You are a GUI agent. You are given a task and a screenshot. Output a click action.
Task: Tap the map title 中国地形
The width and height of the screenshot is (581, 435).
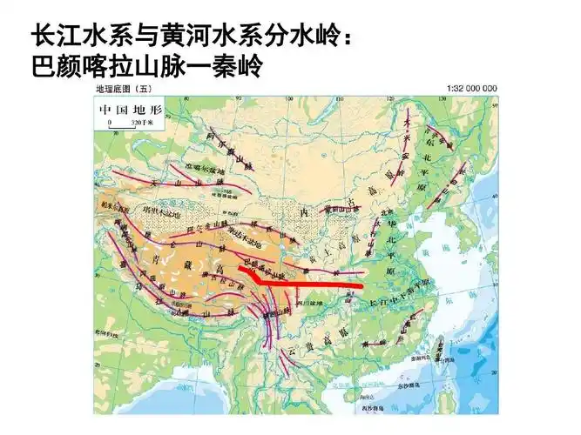pos(131,110)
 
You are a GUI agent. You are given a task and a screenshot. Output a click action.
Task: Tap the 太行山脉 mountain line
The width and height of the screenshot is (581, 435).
pos(377,236)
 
